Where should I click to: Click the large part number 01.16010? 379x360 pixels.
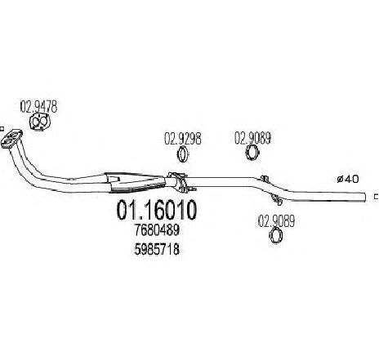[x=157, y=210]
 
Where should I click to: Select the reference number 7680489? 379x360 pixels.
[x=157, y=230]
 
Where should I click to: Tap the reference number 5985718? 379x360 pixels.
[x=157, y=249]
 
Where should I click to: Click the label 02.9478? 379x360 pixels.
[x=39, y=107]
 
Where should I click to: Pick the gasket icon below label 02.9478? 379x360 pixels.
[x=40, y=122]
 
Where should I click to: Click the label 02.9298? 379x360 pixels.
[x=183, y=139]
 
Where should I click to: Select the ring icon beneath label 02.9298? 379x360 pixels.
[x=183, y=154]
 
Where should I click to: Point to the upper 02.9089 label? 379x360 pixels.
[x=252, y=138]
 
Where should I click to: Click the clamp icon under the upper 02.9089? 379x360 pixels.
[x=252, y=153]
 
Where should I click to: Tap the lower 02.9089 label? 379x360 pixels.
[x=276, y=221]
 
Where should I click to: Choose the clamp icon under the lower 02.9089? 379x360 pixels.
[x=276, y=236]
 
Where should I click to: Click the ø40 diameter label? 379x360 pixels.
[x=348, y=179]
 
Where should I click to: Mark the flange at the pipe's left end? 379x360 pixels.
[x=11, y=139]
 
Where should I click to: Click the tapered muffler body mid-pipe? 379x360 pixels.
[x=136, y=182]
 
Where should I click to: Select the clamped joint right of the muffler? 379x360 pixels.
[x=181, y=182]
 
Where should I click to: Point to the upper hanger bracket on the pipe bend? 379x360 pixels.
[x=265, y=179]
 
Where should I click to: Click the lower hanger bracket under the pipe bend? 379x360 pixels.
[x=277, y=199]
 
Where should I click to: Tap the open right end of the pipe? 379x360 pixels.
[x=364, y=197]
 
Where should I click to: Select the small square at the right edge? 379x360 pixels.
[x=377, y=197]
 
